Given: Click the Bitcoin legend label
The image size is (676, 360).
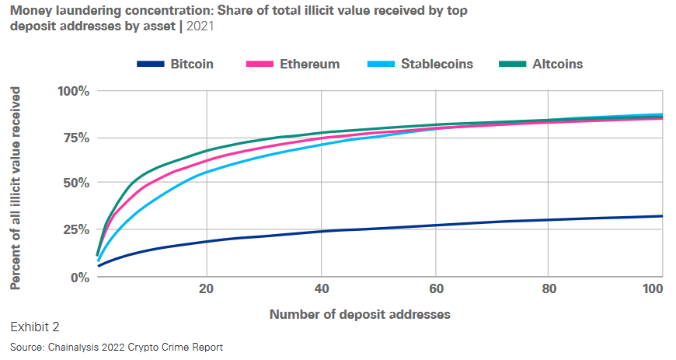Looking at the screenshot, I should (192, 64).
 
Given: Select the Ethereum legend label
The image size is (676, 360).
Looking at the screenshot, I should (309, 64).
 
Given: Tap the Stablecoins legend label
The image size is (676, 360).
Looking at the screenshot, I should (437, 64).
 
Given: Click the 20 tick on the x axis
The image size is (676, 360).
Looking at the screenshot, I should (207, 288).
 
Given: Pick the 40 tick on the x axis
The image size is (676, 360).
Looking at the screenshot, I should (322, 288).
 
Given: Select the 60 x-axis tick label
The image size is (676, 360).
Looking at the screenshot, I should (435, 288).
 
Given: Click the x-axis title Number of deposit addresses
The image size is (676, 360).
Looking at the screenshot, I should (360, 315).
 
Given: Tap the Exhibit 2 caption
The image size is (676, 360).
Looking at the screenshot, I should (35, 327).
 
